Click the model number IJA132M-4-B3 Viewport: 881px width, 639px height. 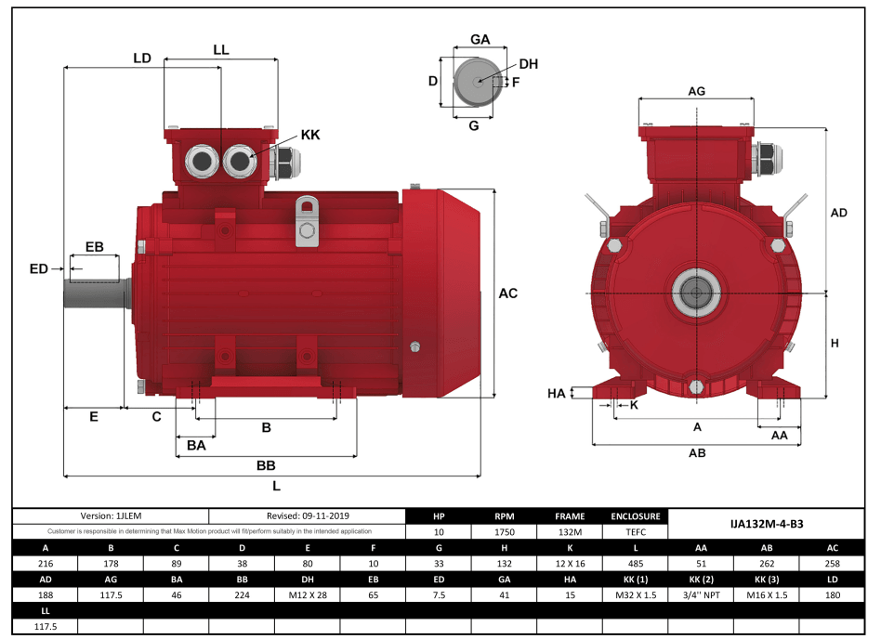767,524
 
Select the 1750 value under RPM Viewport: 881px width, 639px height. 505,532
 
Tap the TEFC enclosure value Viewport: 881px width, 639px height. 636,532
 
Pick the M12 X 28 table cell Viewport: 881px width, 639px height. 308,595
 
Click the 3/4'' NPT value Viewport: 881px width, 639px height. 701,595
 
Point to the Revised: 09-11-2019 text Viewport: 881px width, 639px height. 308,515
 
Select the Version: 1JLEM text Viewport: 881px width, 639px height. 111,515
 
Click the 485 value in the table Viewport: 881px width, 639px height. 636,564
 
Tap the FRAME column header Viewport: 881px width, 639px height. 570,515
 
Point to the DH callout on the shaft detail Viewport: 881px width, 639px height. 528,64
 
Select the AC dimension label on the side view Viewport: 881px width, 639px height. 507,293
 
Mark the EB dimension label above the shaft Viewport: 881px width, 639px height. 94,247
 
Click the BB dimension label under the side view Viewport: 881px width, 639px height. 266,465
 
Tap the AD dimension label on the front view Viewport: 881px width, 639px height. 838,213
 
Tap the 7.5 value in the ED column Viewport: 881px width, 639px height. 439,595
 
